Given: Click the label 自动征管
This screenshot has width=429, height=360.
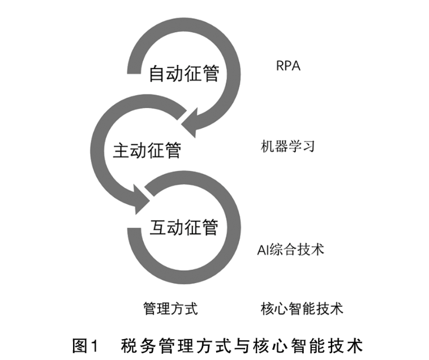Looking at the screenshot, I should [183, 74].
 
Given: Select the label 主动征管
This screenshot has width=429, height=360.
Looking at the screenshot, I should [147, 151].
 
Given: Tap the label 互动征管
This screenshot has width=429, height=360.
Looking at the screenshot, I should [184, 226].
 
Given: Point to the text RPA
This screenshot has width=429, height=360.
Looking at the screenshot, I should [288, 66].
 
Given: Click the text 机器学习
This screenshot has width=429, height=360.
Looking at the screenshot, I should [288, 147].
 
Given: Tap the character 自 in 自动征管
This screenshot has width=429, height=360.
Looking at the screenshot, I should [157, 74].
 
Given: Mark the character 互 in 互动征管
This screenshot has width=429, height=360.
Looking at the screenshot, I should [157, 226].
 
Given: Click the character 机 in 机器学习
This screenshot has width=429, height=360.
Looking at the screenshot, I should [267, 147].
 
